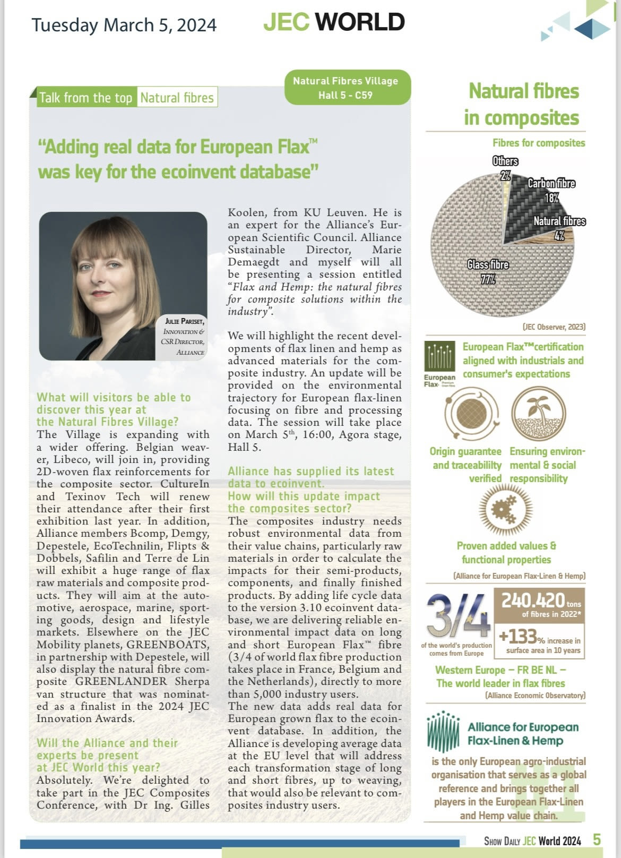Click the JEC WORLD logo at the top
pos(334,22)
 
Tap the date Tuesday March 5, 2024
pos(124,25)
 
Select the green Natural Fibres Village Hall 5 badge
pos(348,88)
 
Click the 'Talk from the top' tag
pos(85,98)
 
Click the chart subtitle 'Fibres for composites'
pos(538,143)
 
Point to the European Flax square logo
pos(439,356)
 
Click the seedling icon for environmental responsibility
pos(539,413)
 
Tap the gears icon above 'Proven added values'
pos(505,510)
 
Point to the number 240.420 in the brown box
pos(532,600)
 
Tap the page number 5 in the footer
pos(597,840)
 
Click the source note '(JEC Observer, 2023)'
pos(554,327)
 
